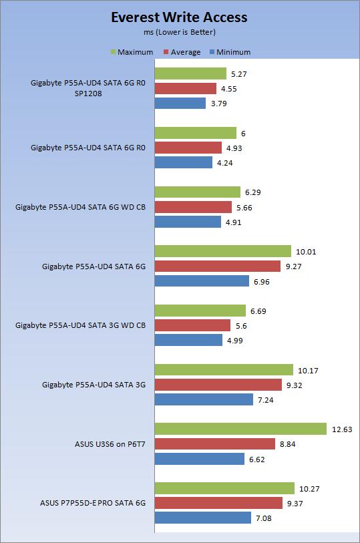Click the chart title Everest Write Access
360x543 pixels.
tap(179, 17)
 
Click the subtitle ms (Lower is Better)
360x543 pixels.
tap(179, 32)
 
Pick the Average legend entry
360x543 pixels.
tap(181, 52)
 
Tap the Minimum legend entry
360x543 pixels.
tap(229, 52)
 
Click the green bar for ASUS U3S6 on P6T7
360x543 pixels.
tap(240, 429)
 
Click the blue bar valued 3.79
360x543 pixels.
tap(180, 103)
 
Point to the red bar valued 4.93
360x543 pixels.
tap(188, 148)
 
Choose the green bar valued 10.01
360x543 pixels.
tap(223, 251)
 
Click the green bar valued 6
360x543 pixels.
tap(196, 133)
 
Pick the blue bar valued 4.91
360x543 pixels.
tap(188, 222)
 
